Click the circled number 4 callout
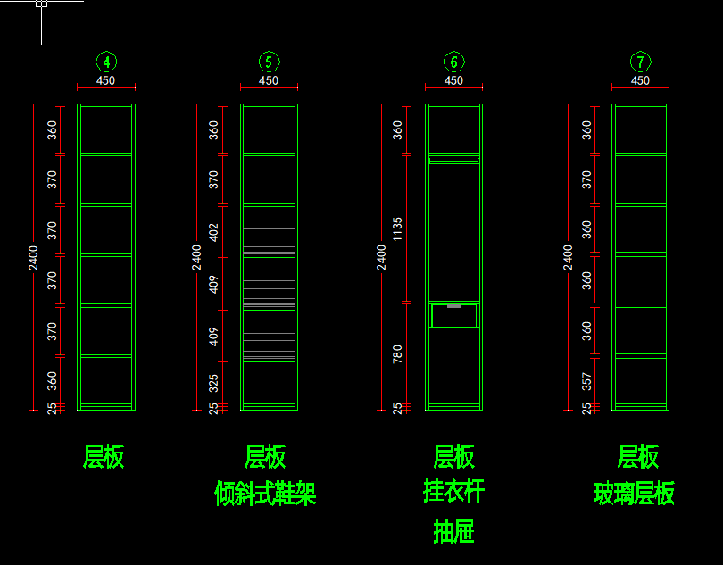point(106,62)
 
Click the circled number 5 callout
point(269,62)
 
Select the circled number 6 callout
point(453,62)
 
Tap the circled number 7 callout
point(640,62)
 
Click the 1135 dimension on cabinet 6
point(398,229)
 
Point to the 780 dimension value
point(398,354)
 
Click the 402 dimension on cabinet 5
point(213,232)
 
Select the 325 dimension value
point(213,384)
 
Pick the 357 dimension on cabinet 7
point(586,382)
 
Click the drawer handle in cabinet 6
point(453,306)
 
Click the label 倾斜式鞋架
point(266,494)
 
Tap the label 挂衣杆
point(453,491)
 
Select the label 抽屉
point(453,532)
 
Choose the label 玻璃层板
point(635,494)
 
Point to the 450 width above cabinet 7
point(640,80)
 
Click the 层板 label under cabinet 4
point(104,457)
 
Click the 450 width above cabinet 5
point(269,80)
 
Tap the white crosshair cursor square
point(41,4)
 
